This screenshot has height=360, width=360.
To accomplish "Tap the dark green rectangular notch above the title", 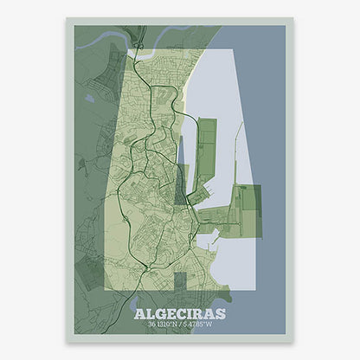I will point(180,284).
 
